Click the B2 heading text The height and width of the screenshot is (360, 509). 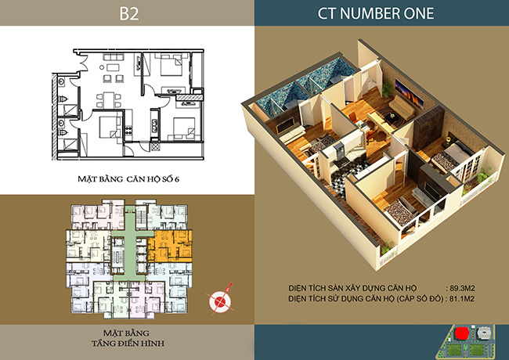coord(129,13)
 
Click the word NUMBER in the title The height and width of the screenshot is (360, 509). coord(364,13)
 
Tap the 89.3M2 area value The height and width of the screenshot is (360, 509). coord(462,288)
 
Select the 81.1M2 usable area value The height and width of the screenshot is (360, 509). coord(461,298)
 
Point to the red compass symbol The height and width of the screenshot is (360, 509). coord(220,300)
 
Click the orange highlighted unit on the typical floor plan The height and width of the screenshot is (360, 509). coord(170,246)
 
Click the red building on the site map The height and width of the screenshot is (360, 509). coord(461,333)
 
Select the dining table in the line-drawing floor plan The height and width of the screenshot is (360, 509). coord(109,100)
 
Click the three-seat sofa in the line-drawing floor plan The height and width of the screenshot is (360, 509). coord(114,57)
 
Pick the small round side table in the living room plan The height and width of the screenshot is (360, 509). coord(102,68)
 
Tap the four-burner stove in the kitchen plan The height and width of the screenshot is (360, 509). coord(129,130)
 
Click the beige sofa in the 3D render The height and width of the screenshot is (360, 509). coord(402,107)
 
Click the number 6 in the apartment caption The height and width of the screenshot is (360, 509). coord(177,179)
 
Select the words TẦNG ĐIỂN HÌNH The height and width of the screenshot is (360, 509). coord(128,343)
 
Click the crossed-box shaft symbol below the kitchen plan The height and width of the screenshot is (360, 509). coord(156,146)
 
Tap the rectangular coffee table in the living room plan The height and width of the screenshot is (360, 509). coord(113,68)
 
